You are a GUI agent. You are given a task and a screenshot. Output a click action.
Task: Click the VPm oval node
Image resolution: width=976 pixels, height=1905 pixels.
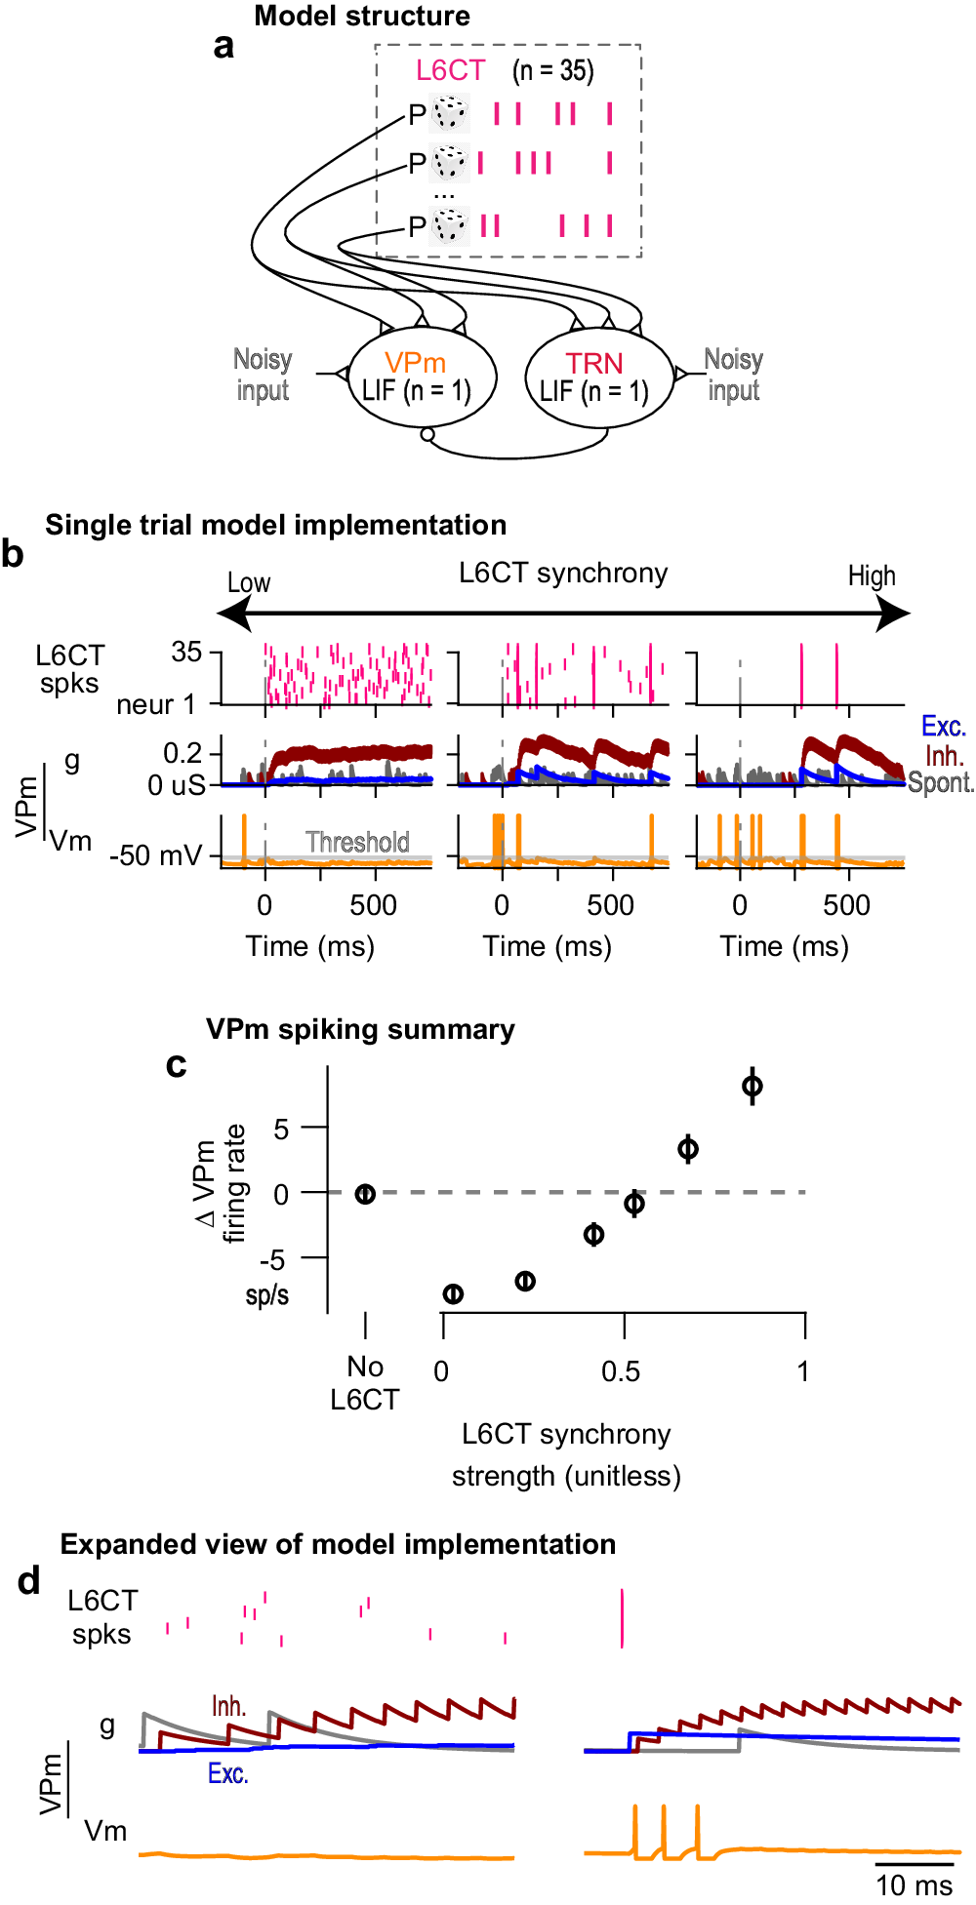[422, 377]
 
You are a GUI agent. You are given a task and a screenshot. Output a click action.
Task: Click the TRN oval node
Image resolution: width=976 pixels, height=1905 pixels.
[598, 377]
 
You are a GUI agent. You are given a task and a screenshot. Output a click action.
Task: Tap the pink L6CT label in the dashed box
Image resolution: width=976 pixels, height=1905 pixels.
[450, 70]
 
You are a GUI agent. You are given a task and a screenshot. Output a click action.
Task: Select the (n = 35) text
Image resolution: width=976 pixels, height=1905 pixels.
[553, 70]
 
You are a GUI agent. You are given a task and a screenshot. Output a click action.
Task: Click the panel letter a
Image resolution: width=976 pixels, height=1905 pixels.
[224, 46]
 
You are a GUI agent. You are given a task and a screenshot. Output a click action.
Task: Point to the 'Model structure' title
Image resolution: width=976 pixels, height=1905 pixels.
[362, 17]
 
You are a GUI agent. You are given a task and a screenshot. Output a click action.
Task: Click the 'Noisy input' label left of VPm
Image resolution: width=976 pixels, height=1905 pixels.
[263, 375]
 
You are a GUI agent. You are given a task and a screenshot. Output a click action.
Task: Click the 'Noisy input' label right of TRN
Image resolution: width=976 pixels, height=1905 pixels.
[734, 375]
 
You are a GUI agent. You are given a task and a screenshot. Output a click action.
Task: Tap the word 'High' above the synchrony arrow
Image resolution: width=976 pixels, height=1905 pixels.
[872, 576]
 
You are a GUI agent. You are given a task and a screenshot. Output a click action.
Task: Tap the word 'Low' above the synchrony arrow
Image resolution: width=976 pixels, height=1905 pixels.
[249, 583]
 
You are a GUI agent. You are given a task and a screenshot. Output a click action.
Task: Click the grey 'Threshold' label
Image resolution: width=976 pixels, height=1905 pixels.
[357, 842]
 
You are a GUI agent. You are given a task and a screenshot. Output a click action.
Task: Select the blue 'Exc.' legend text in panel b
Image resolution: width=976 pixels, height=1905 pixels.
[943, 727]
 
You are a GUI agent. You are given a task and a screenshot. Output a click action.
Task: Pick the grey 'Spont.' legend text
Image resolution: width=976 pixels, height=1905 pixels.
[941, 783]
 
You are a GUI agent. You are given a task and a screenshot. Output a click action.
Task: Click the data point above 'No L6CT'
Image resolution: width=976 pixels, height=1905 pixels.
[365, 1193]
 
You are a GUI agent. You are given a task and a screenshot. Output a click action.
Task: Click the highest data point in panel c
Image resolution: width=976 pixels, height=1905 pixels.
[752, 1086]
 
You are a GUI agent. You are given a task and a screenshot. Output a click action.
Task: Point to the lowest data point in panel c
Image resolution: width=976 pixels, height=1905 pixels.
[453, 1294]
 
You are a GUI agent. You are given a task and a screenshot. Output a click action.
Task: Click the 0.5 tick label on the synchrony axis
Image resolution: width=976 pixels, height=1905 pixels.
[621, 1372]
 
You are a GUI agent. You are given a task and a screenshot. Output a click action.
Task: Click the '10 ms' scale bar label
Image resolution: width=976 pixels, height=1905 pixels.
[914, 1885]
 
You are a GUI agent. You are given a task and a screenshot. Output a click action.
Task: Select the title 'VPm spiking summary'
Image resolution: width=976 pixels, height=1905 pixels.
[360, 1030]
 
